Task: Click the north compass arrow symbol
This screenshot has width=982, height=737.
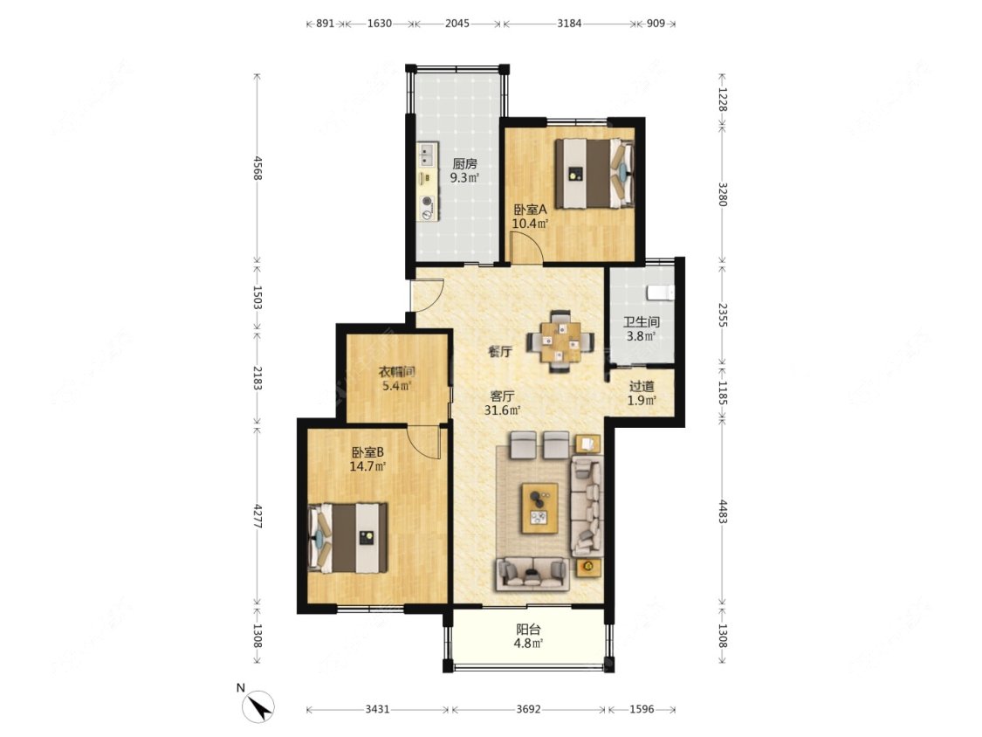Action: pos(258,706)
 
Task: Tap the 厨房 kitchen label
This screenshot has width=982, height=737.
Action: pos(464,164)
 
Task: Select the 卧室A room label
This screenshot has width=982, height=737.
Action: pos(530,210)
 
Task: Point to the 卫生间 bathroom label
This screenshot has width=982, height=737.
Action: pos(642,322)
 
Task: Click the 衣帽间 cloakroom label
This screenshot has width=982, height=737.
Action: pos(396,372)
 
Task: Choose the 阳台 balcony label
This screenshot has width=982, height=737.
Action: pos(528,630)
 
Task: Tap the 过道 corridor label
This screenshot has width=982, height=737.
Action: pos(642,387)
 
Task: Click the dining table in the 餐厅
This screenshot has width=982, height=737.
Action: pos(560,341)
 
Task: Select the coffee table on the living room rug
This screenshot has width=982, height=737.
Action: pos(539,507)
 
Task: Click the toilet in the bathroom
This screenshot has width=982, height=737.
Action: pos(662,292)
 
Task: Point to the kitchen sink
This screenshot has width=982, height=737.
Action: pos(427,155)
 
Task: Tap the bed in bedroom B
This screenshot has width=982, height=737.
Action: pos(348,537)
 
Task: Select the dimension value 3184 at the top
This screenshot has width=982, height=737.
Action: pos(569,24)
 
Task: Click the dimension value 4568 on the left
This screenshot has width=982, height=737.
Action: pos(257,168)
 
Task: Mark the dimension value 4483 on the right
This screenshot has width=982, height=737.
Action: pos(722,512)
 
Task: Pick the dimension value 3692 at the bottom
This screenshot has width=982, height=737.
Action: pos(528,709)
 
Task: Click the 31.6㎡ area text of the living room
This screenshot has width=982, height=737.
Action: pos(502,410)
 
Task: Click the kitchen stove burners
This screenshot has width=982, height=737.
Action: pos(427,208)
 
